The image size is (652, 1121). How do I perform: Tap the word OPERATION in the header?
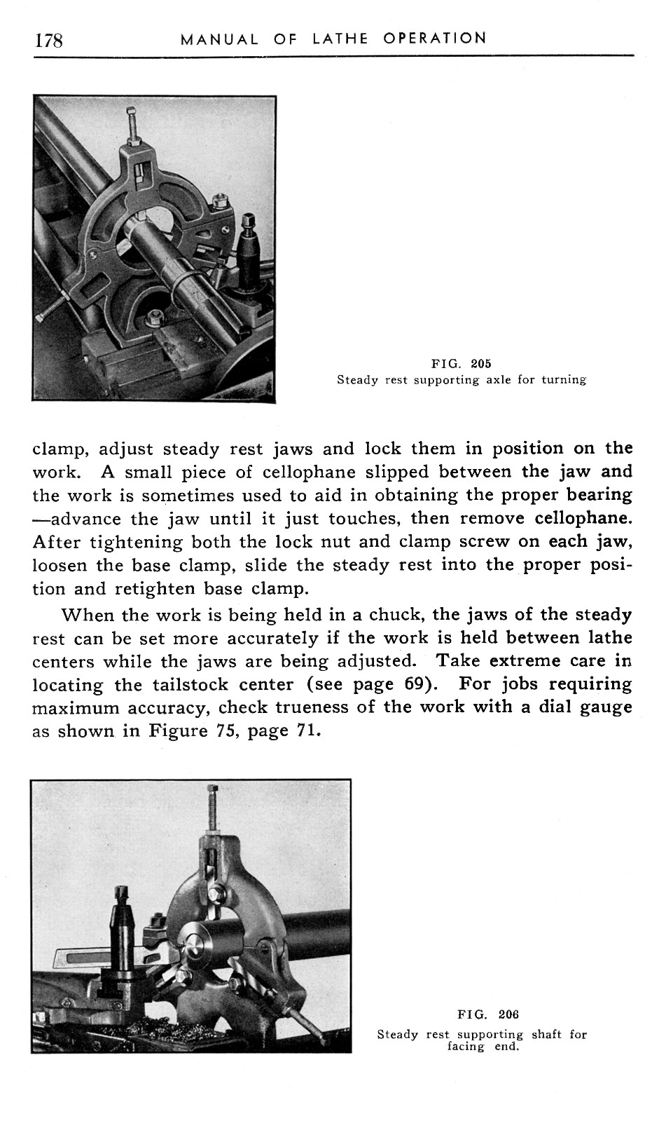434,38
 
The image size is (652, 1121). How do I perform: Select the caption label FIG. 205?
462,364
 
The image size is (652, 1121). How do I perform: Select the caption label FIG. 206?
488,1014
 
